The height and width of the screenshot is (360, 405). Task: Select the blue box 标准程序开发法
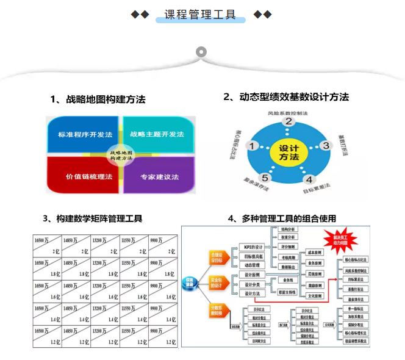click(85, 134)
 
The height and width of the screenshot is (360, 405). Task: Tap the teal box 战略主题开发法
click(157, 134)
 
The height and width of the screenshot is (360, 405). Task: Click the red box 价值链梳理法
click(85, 176)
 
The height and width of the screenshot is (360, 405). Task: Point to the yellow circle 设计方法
click(289, 153)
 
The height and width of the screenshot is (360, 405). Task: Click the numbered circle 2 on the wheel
click(289, 121)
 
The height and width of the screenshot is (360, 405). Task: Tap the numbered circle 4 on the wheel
click(309, 180)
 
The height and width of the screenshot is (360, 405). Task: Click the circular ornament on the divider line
click(201, 51)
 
